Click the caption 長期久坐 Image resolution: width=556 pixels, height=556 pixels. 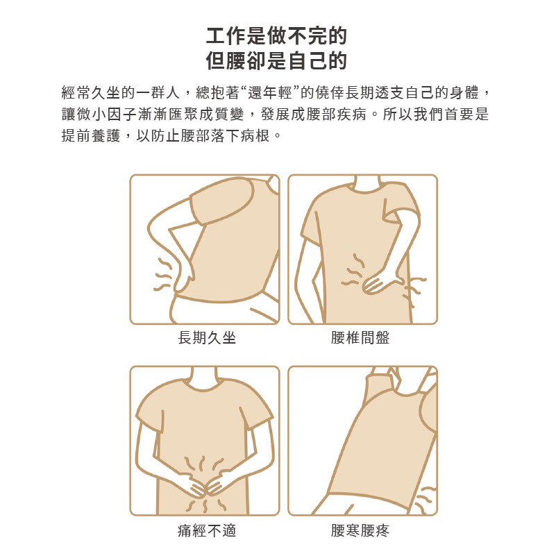tap(207, 337)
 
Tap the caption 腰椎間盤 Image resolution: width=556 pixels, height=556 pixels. tap(360, 337)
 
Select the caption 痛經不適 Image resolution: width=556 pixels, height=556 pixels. tap(207, 530)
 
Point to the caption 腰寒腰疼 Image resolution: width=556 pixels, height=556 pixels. tap(360, 530)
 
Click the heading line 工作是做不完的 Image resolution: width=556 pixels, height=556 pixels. tap(276, 36)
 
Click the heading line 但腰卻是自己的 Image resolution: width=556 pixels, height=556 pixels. tap(276, 60)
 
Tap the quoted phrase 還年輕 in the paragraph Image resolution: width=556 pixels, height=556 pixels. tap(269, 93)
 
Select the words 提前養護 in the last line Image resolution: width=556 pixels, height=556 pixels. tap(91, 135)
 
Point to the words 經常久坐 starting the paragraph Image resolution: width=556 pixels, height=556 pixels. tap(91, 93)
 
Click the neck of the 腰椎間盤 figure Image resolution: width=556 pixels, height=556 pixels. tap(368, 183)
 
